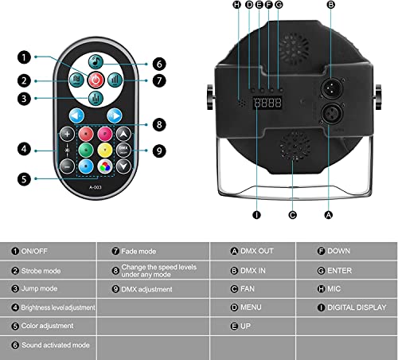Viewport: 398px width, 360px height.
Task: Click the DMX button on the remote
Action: pyautogui.click(x=123, y=149)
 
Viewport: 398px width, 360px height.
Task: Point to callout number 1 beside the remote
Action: pyautogui.click(x=26, y=57)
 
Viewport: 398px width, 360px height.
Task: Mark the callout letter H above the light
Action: pyautogui.click(x=236, y=6)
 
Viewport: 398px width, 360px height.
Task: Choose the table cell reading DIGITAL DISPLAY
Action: pyautogui.click(x=347, y=307)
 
